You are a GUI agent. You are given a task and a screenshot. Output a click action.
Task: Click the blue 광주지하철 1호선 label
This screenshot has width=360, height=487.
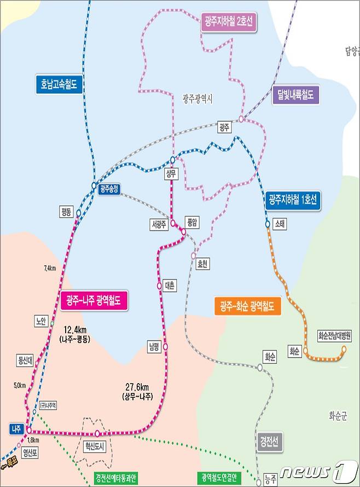(x=293, y=199)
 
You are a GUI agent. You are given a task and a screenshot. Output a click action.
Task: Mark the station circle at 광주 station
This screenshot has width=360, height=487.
(x=241, y=119)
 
